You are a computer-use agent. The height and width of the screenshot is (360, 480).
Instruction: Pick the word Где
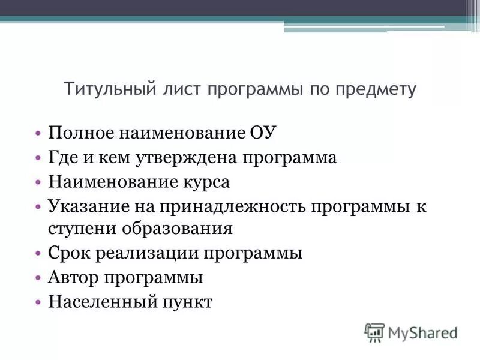coord(62,158)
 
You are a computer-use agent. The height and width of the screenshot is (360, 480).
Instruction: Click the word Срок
coord(67,253)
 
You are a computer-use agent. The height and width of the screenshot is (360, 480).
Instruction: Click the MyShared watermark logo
coord(410,332)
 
